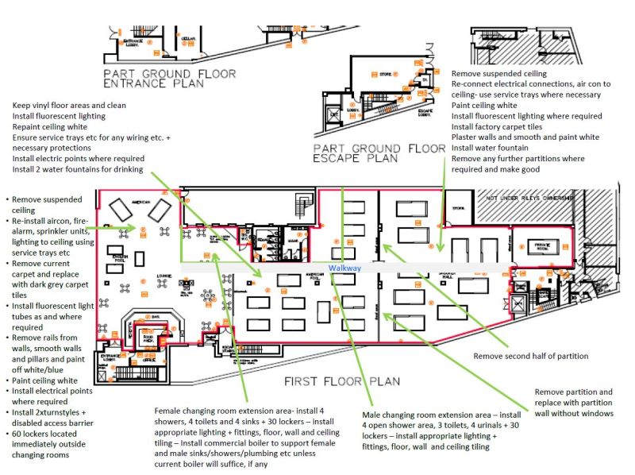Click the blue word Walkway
pyautogui.click(x=345, y=268)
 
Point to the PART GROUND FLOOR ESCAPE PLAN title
pyautogui.click(x=379, y=153)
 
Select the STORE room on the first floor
pyautogui.click(x=459, y=209)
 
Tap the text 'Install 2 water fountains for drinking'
pyautogui.click(x=78, y=169)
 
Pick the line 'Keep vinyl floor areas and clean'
pyautogui.click(x=69, y=105)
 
